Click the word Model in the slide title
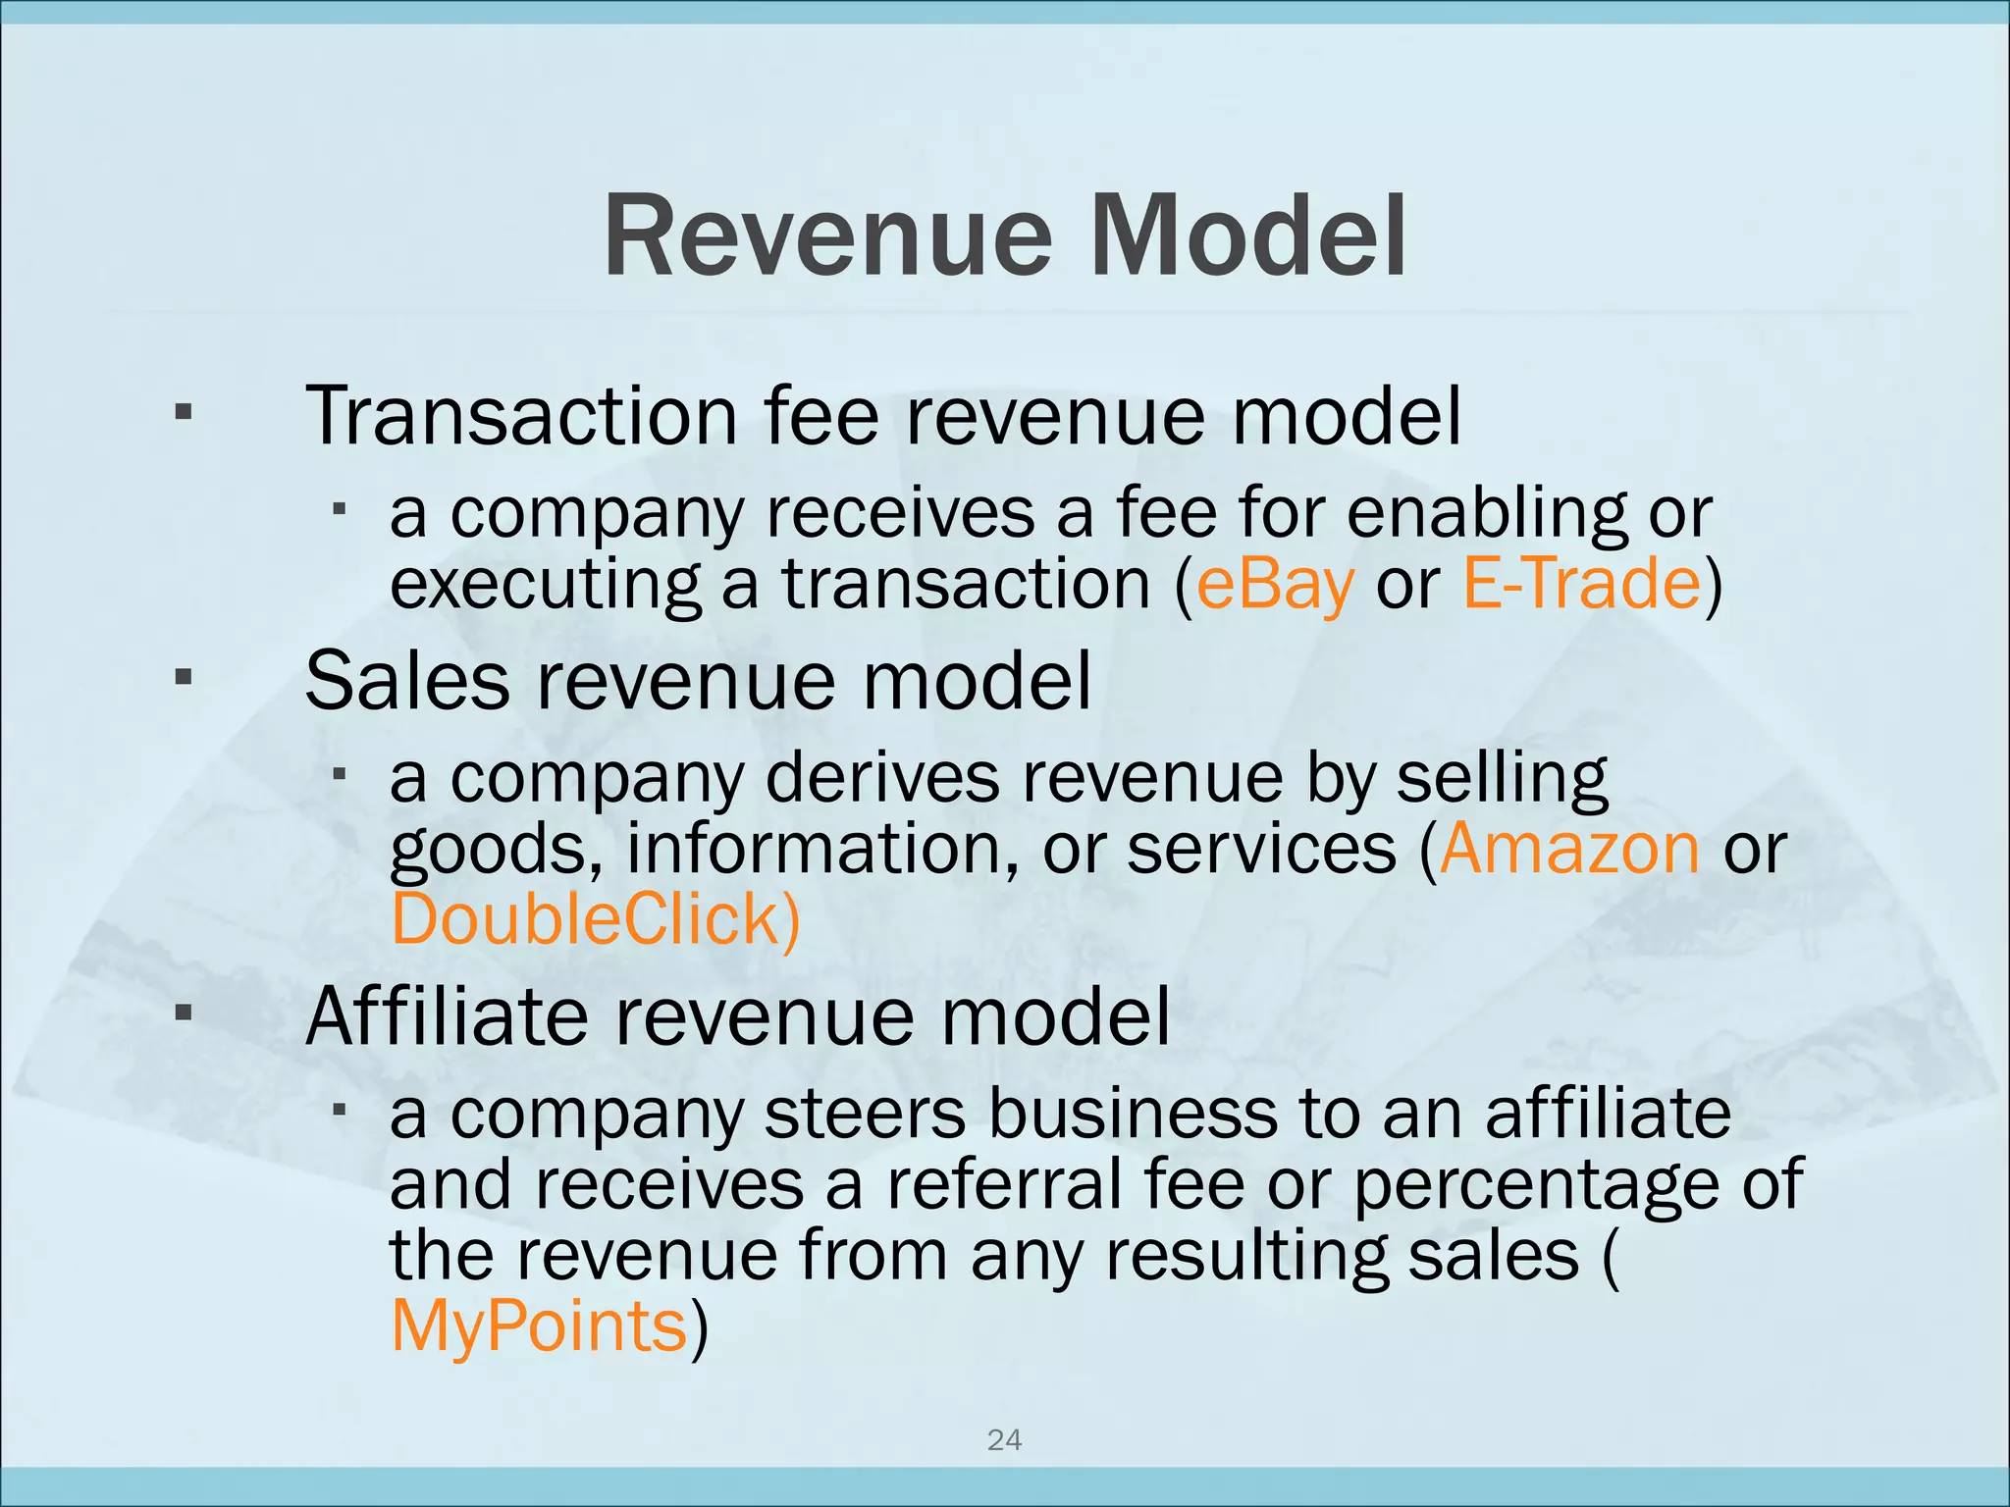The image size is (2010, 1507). [x=1248, y=238]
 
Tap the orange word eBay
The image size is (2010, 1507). [x=1275, y=584]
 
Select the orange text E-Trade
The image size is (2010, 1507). [x=1581, y=584]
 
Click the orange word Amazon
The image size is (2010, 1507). [x=1568, y=849]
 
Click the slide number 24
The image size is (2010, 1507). [x=1004, y=1440]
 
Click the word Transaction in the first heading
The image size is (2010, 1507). [x=521, y=417]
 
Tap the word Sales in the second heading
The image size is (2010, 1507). [x=407, y=682]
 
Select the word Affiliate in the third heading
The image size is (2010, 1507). [x=447, y=1017]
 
